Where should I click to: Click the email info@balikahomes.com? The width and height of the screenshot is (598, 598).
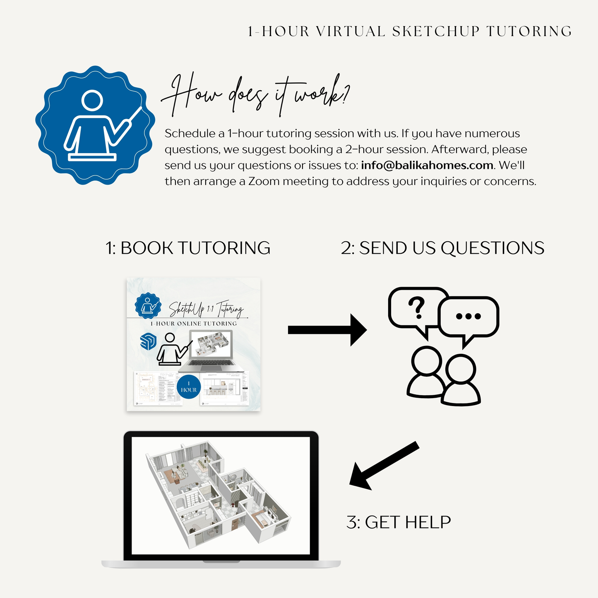pos(427,166)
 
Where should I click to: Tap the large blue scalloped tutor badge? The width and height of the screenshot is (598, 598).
pos(95,125)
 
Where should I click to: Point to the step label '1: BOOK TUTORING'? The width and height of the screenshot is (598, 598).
pos(188,248)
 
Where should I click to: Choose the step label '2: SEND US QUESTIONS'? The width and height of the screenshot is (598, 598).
pos(442,248)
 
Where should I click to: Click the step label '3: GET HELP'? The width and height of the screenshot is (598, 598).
pos(399,522)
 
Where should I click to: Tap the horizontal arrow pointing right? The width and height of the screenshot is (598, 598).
pos(327,330)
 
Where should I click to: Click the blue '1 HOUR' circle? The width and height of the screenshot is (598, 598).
pos(189,387)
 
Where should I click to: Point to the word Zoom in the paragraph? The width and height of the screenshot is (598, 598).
pos(264,182)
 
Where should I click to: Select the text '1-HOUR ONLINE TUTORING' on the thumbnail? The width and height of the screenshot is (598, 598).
pos(194,324)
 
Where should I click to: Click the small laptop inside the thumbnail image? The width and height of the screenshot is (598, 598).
pos(211,352)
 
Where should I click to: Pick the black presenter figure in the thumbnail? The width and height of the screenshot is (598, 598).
pos(171,350)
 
